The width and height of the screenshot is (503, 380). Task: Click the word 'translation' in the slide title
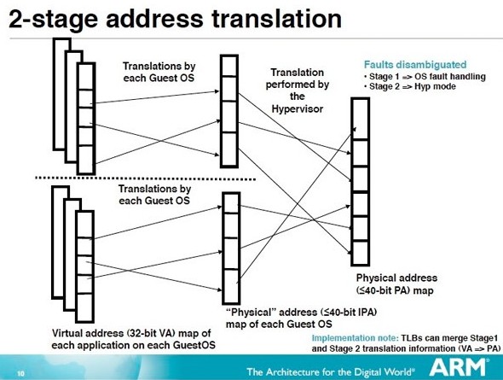pos(277,19)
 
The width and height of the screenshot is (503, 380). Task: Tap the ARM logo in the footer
pos(458,367)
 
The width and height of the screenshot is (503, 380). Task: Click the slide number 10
pos(20,373)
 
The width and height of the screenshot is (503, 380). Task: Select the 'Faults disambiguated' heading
pos(415,65)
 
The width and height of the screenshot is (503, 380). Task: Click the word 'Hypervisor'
pos(298,109)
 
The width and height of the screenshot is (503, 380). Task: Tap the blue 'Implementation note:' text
pos(356,338)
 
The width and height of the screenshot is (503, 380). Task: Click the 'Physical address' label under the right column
pos(396,278)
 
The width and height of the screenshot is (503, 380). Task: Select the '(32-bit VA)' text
pos(152,333)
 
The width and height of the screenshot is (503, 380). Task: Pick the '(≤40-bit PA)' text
pos(384,290)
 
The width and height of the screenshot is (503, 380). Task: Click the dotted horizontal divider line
pos(145,178)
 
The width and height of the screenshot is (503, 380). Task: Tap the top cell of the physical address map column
pos(361,119)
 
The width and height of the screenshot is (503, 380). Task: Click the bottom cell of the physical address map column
pos(361,253)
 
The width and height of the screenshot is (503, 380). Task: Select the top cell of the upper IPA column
pos(229,66)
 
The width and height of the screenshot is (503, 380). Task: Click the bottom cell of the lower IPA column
pos(231,286)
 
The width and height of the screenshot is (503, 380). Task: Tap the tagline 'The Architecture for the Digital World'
pos(331,372)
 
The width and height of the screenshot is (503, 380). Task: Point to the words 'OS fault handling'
pos(450,77)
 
